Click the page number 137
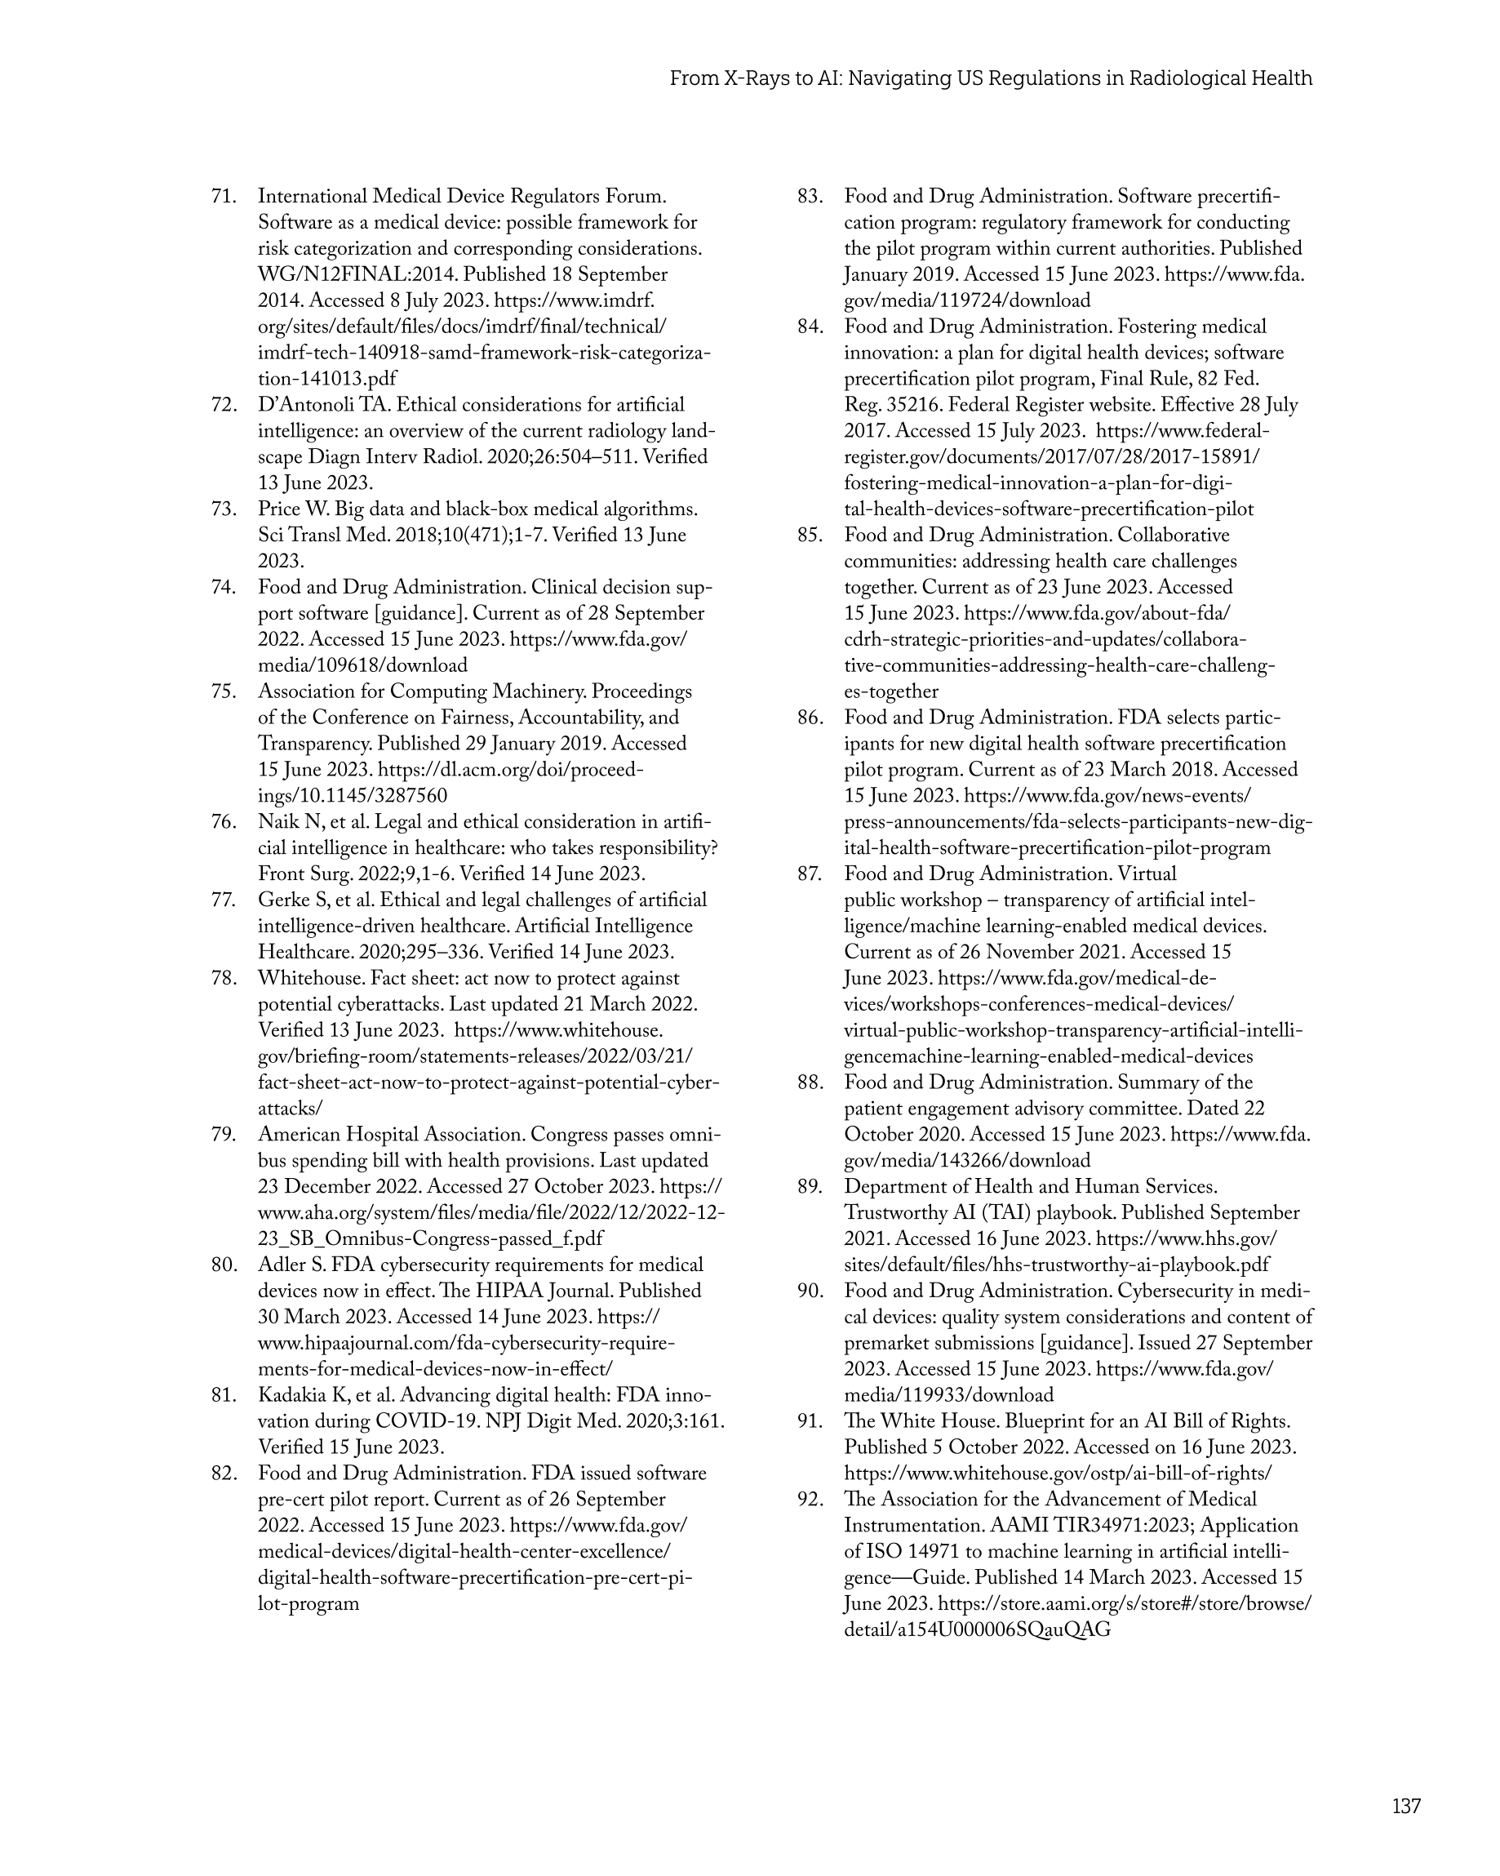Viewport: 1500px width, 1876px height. click(1405, 1806)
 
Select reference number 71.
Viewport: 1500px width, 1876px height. click(224, 197)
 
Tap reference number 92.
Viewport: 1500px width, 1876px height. click(810, 1499)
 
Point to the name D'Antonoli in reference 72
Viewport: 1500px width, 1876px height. click(306, 406)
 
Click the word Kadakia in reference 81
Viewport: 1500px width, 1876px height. click(295, 1396)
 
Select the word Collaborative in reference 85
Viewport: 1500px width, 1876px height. click(1174, 536)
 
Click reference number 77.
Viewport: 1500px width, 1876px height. click(224, 900)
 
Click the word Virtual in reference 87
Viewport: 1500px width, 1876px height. click(1147, 874)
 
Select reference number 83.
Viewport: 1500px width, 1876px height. click(810, 197)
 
